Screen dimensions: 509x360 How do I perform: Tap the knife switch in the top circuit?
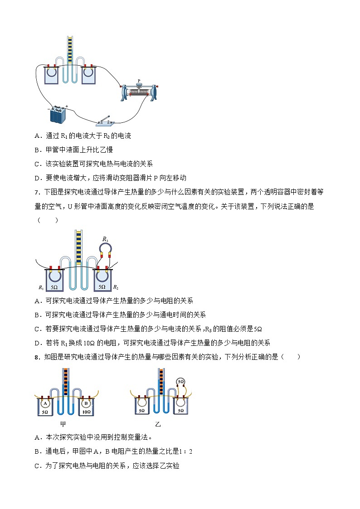[x=107, y=120]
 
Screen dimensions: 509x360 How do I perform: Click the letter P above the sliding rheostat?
[x=139, y=81]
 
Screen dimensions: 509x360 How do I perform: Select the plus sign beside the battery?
[x=66, y=107]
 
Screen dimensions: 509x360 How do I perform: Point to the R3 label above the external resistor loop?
[x=105, y=239]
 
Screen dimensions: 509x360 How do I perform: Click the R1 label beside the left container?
[x=41, y=287]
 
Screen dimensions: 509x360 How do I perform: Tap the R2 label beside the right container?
[x=115, y=287]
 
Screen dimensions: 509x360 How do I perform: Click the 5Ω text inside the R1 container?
[x=54, y=287]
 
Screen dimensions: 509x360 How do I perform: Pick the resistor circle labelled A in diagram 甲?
[x=45, y=402]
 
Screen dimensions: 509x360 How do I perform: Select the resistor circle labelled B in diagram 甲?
[x=85, y=402]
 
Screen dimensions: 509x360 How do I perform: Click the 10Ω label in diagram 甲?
[x=86, y=412]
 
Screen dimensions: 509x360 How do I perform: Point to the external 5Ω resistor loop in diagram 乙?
[x=181, y=382]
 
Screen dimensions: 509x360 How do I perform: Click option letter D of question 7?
[x=37, y=343]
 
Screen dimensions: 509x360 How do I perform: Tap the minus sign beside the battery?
[x=49, y=109]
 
